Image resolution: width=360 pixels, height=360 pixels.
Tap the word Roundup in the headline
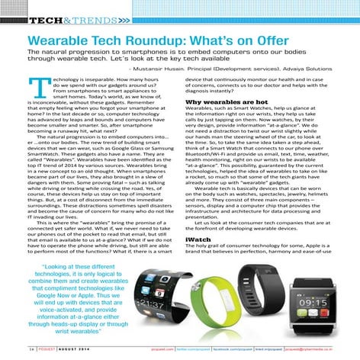pos(169,37)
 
